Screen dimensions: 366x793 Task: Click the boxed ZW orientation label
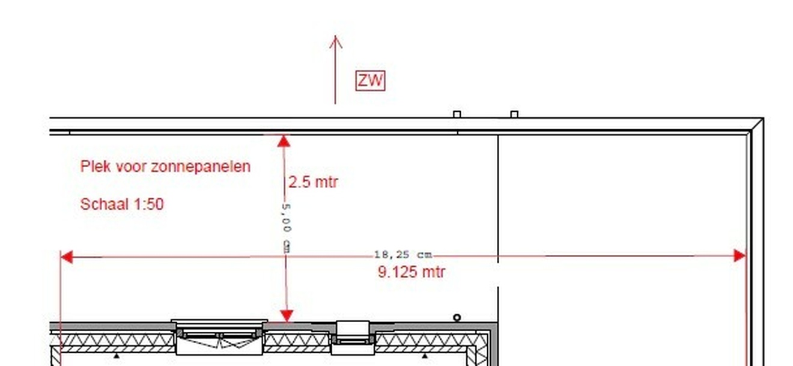point(370,81)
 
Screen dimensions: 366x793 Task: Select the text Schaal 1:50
point(122,204)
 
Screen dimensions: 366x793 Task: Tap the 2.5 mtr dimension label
point(313,182)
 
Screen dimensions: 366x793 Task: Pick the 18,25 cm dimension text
point(403,255)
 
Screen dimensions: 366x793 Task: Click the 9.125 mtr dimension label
point(412,272)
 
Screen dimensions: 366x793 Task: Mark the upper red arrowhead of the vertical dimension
point(284,141)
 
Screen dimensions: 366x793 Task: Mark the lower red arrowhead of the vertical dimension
point(287,316)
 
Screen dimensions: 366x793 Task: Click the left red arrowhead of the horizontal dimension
point(67,257)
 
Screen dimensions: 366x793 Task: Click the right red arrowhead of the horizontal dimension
point(740,256)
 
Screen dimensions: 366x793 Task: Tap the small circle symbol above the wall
point(457,317)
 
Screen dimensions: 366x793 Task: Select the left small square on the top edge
point(457,114)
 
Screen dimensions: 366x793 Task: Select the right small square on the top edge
point(514,114)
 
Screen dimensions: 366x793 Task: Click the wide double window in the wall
point(219,337)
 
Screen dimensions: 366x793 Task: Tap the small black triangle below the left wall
point(117,356)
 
